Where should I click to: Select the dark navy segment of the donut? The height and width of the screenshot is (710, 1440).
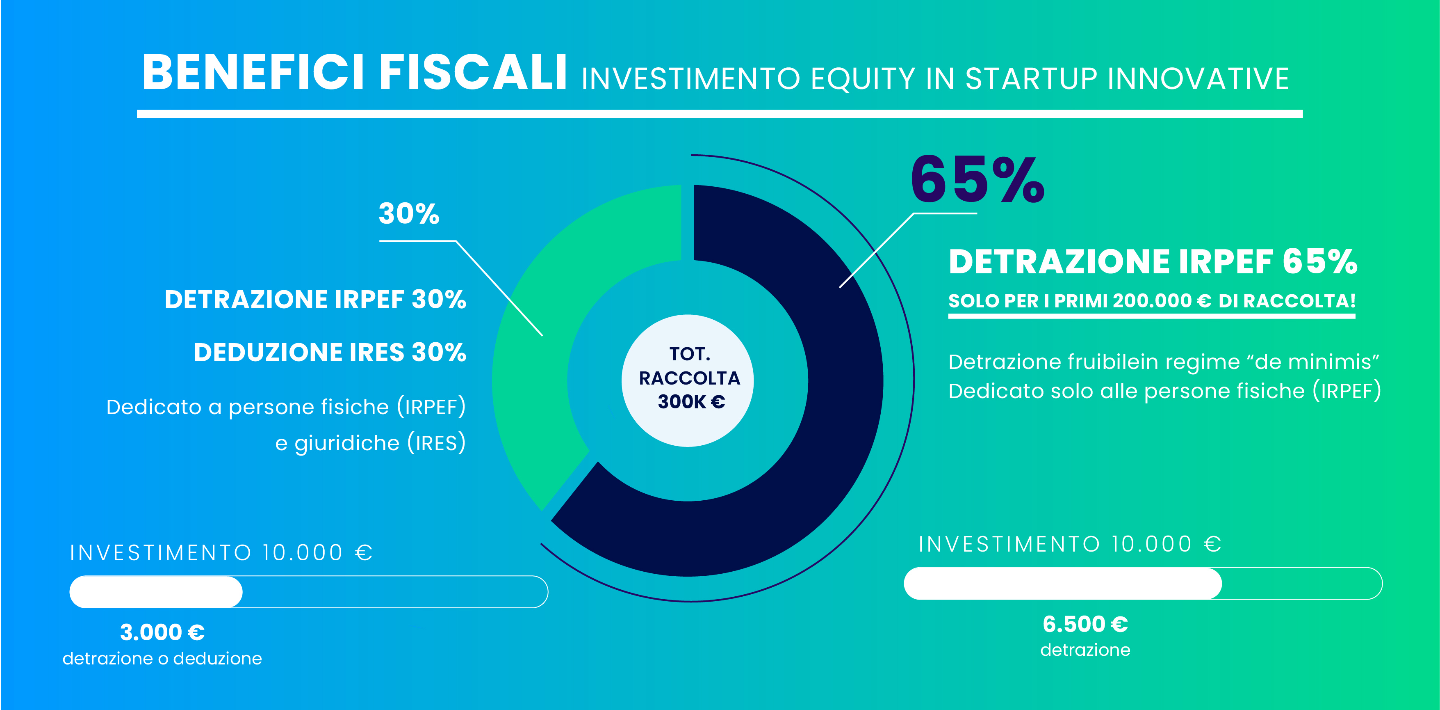point(838,392)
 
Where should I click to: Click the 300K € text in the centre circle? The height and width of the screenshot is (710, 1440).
point(691,402)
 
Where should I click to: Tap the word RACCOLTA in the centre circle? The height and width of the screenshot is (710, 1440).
point(689,378)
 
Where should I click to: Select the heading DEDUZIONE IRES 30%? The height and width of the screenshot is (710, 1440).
point(330,353)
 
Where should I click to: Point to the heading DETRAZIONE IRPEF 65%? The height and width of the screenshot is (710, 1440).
point(1153,262)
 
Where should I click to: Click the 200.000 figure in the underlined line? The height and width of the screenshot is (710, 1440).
point(1152,301)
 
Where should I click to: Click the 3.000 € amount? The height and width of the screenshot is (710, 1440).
point(162,632)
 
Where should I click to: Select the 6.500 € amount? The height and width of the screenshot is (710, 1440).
point(1085,624)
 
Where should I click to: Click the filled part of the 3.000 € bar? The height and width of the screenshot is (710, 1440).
point(156,591)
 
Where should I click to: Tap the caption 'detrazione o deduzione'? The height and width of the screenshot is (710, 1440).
point(162,659)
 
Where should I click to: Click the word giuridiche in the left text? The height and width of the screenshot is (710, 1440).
point(346,443)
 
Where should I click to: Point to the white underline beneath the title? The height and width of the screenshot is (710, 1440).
point(720,114)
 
